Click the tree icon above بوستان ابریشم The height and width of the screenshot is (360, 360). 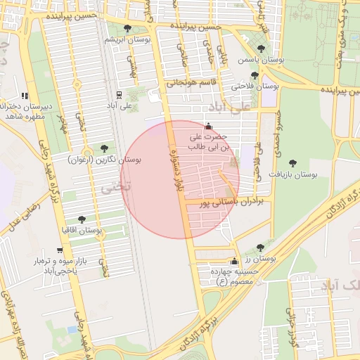(127, 29)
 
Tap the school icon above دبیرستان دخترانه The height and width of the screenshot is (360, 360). (25, 96)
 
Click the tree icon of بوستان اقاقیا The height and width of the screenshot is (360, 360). (82, 219)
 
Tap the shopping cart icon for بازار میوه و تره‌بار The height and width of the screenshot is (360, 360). (60, 250)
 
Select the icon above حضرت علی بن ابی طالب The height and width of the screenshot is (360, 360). (207, 127)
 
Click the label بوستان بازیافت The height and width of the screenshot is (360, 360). (293, 173)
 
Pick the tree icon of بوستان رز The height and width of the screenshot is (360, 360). (260, 247)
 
